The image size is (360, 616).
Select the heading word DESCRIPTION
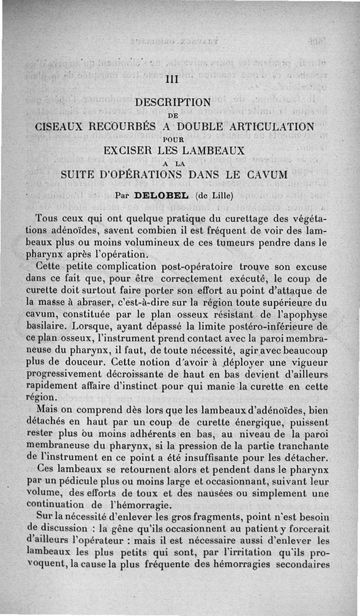coord(173,103)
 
